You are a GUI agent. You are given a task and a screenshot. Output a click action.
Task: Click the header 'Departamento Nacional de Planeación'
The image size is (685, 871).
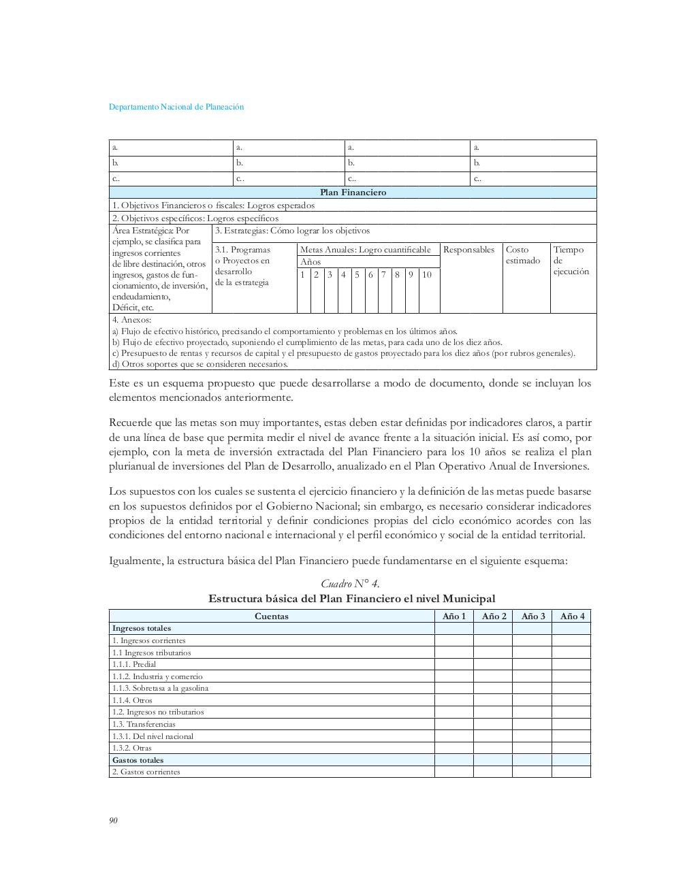[x=176, y=107]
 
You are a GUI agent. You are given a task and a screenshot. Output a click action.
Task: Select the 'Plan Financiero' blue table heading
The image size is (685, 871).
[x=353, y=193]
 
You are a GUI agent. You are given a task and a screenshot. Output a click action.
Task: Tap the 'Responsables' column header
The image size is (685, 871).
[x=468, y=250]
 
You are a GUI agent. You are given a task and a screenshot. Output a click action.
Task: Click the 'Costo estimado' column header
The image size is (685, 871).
[x=523, y=255]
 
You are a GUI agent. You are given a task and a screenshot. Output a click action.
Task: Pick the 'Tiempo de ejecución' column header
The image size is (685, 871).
[x=571, y=261]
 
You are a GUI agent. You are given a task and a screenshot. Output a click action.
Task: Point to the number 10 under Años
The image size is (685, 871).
[x=427, y=275]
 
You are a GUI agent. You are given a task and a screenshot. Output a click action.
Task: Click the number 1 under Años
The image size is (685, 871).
[x=302, y=275]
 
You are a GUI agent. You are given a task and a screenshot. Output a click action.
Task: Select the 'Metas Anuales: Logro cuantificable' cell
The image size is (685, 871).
[x=366, y=250]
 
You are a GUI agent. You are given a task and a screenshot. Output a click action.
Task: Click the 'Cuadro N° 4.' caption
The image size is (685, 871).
[x=350, y=584]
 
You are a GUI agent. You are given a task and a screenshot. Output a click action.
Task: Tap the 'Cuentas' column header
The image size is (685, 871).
[x=271, y=617]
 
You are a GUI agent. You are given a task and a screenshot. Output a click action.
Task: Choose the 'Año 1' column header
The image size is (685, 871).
[x=454, y=617]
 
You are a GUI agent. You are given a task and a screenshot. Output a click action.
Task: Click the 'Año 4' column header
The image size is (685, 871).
[x=572, y=617]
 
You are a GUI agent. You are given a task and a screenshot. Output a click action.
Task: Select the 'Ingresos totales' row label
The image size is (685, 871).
[x=142, y=628]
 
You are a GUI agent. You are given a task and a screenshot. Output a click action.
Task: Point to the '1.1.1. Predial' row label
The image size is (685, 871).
[x=134, y=664]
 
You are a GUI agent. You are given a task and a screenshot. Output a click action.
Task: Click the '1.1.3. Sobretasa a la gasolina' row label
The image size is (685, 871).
[x=160, y=688]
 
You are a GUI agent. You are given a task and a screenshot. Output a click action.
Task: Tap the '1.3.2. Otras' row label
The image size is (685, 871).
[x=132, y=748]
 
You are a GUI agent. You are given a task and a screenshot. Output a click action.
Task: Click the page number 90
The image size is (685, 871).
[x=114, y=821]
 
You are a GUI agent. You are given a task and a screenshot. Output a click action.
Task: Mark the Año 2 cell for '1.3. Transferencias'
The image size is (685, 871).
[x=493, y=724]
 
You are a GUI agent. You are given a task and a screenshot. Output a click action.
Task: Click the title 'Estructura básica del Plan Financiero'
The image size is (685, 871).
[x=351, y=599]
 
